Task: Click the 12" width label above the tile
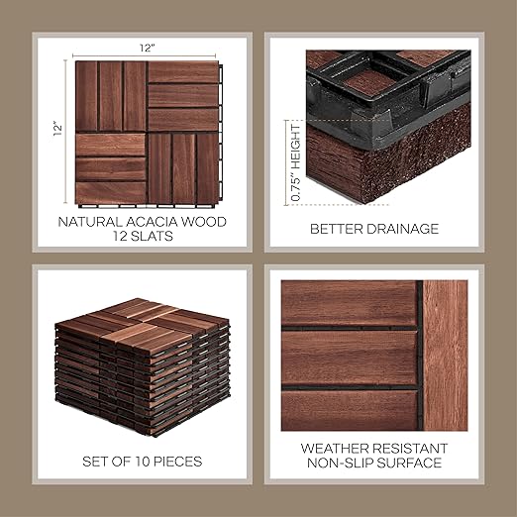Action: pyautogui.click(x=147, y=49)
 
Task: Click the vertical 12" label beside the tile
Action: pyautogui.click(x=58, y=129)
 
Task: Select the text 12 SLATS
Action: pyautogui.click(x=143, y=236)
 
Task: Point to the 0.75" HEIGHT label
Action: pyautogui.click(x=296, y=162)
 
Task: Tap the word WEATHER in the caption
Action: pyautogui.click(x=337, y=449)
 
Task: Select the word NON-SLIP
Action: pyautogui.click(x=340, y=463)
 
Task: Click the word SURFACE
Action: pyautogui.click(x=409, y=463)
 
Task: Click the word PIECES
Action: pyautogui.click(x=177, y=462)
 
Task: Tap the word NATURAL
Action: pyautogui.click(x=90, y=222)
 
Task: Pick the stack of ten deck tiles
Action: pyautogui.click(x=142, y=367)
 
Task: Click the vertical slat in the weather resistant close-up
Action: pyautogui.click(x=445, y=356)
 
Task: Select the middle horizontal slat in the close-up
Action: pyautogui.click(x=350, y=358)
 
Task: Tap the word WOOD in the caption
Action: pyautogui.click(x=205, y=222)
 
